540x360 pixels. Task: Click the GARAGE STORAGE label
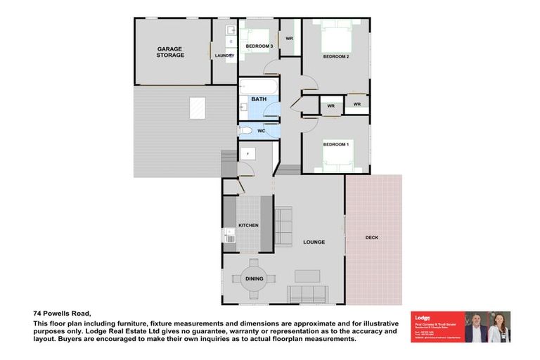click(x=170, y=52)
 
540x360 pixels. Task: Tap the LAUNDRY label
click(x=224, y=55)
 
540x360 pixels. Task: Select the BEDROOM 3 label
click(x=259, y=46)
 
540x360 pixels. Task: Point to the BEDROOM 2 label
click(x=335, y=56)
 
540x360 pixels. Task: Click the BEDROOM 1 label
click(x=335, y=144)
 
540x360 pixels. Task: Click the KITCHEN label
click(x=248, y=225)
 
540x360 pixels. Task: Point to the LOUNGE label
click(x=314, y=242)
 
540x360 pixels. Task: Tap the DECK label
click(x=372, y=238)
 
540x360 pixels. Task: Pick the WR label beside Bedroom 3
click(x=289, y=38)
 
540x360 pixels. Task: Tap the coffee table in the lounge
click(x=307, y=276)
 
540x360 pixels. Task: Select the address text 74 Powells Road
click(x=63, y=313)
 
